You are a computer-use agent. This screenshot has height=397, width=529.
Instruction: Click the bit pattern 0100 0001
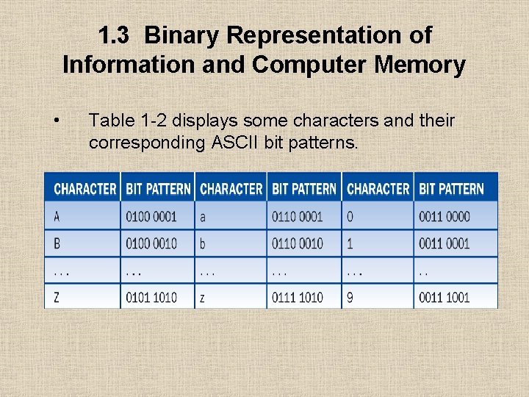point(151,217)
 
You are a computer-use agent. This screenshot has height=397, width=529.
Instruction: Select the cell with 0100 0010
point(151,243)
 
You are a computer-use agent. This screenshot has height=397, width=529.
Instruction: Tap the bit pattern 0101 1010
point(151,297)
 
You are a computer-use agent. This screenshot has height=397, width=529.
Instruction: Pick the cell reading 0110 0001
point(297,217)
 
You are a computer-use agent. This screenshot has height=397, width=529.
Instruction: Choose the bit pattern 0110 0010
point(297,243)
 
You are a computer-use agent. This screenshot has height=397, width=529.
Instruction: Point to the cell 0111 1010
point(297,297)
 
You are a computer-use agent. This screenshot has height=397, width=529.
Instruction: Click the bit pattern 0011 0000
point(444,217)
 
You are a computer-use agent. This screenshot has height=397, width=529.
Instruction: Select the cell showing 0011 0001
point(444,243)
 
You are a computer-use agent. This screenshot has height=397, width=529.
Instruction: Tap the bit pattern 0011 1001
point(444,297)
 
